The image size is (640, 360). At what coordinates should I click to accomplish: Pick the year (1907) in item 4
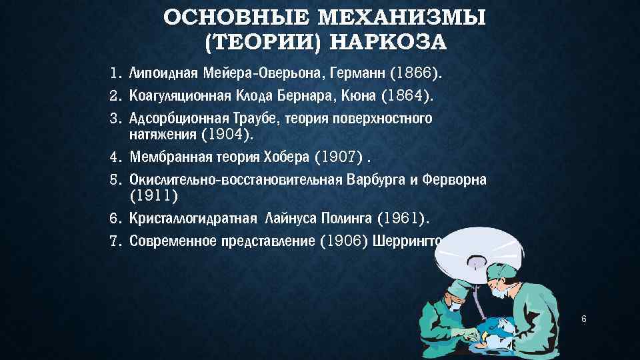339,157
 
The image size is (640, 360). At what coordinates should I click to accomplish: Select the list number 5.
114,180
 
